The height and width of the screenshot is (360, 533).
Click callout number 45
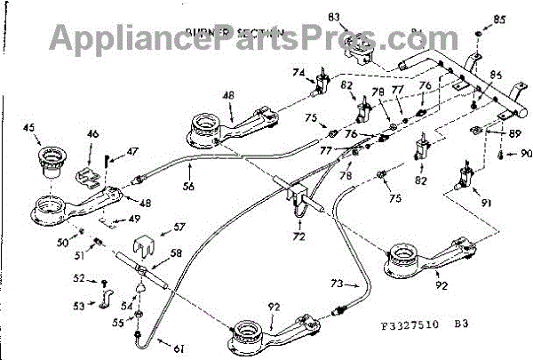(x=29, y=130)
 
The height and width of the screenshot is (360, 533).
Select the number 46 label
(x=92, y=135)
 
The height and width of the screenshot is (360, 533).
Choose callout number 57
(x=179, y=227)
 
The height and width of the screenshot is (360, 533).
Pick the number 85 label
(x=500, y=19)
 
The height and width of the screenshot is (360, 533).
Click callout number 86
(x=496, y=76)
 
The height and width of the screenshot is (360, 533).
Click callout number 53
(x=79, y=306)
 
